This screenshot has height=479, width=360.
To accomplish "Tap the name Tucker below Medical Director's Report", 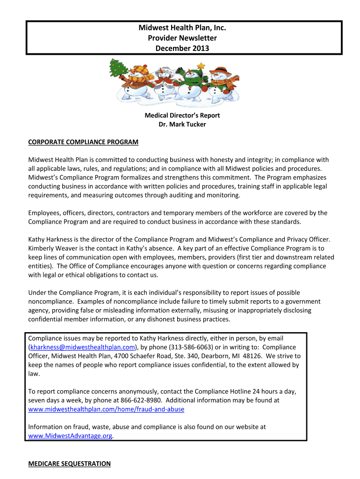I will pos(194,124).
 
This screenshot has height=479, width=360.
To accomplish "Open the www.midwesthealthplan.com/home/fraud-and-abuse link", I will pos(106,409).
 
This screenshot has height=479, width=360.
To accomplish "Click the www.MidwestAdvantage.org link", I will pos(71,435).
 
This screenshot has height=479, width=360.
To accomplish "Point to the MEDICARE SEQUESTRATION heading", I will pos(70,464).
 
